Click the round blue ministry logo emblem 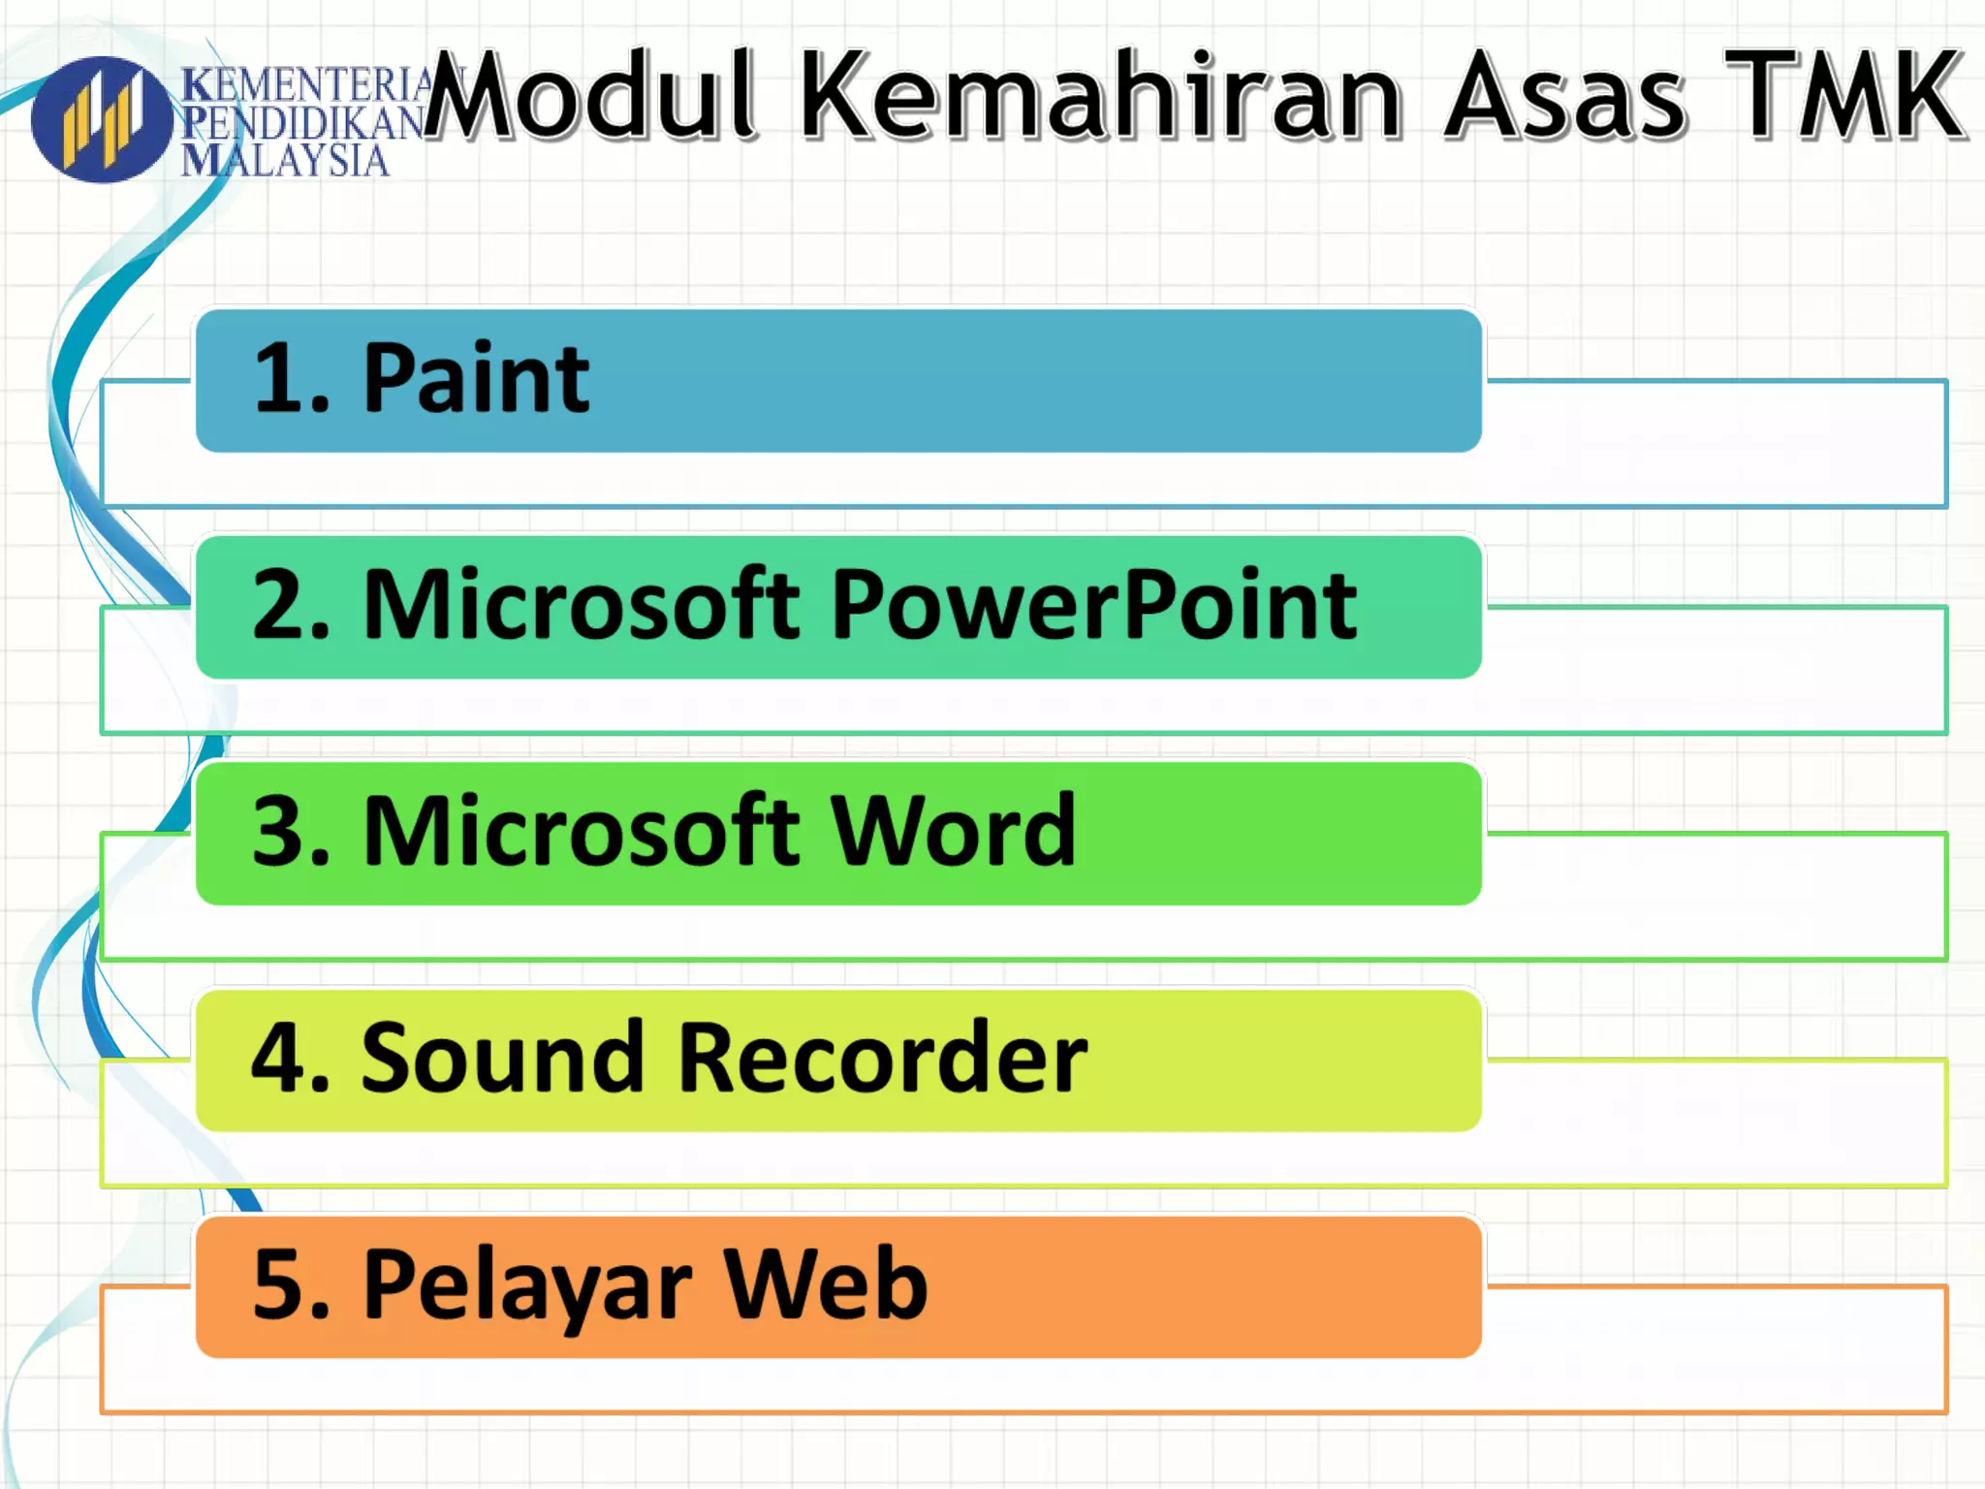(x=102, y=120)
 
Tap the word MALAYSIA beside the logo (x=285, y=161)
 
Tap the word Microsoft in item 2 (x=582, y=606)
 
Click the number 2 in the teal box (x=281, y=606)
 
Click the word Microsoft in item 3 (x=582, y=832)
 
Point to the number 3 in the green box (x=281, y=832)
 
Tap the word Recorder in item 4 (x=882, y=1059)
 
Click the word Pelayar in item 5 (x=527, y=1285)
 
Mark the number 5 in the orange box (x=281, y=1285)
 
